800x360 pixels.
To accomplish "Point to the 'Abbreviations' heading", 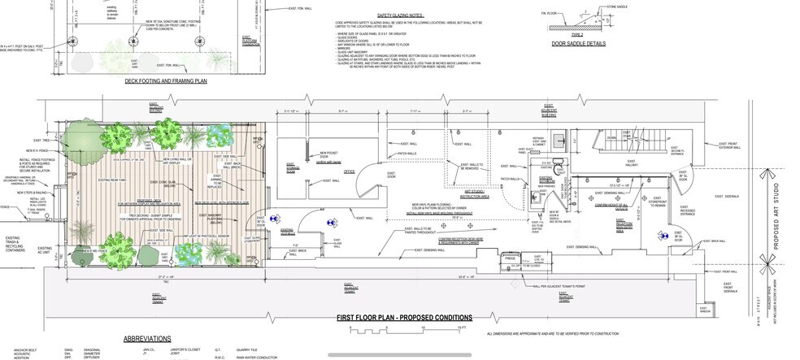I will [x=146, y=338].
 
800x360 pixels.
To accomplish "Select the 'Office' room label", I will [x=350, y=171].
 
